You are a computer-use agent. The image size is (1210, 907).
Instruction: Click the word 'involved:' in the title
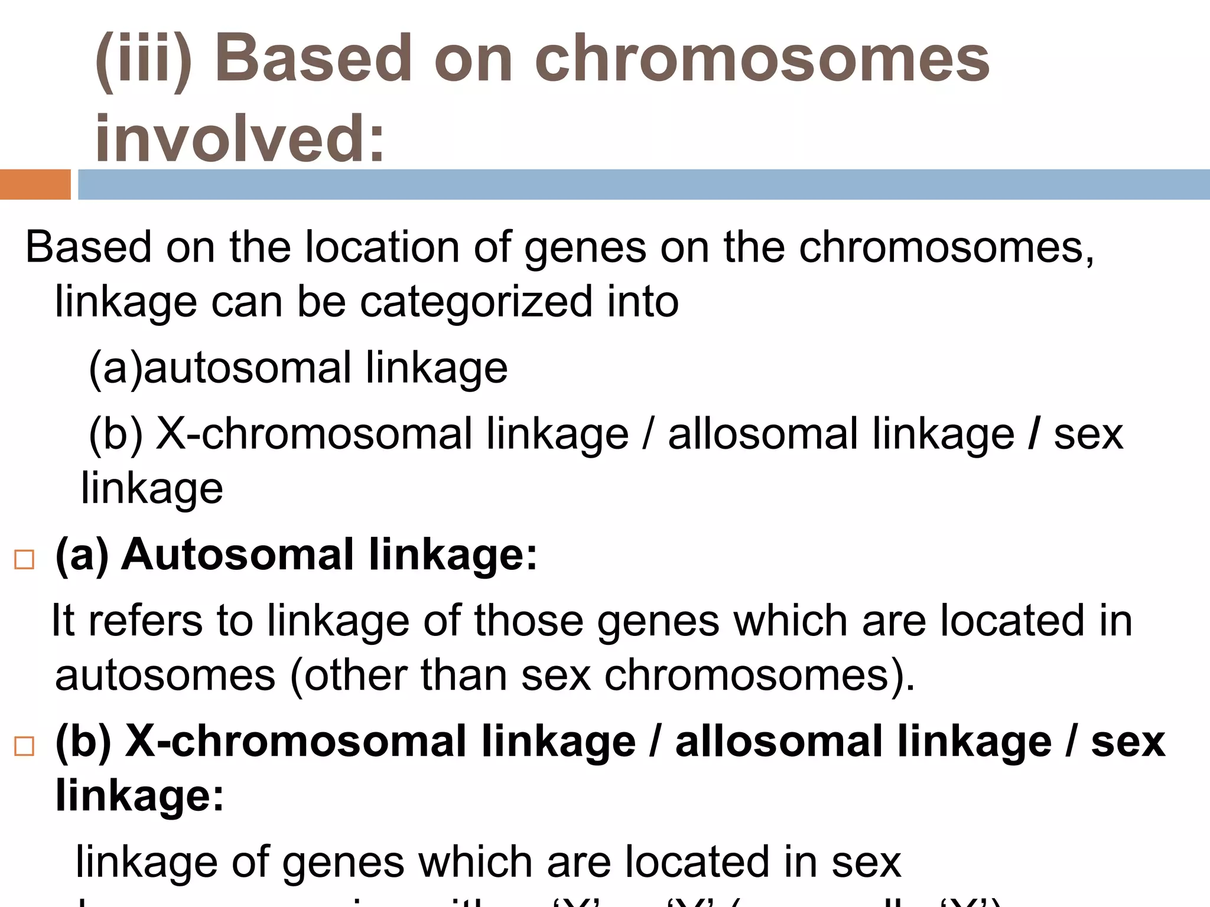click(x=239, y=138)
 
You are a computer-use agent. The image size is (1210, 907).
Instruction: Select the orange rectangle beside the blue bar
click(x=35, y=184)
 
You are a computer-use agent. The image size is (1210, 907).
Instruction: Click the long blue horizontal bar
click(x=643, y=184)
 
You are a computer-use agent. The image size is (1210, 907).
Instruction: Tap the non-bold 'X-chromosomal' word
click(x=313, y=434)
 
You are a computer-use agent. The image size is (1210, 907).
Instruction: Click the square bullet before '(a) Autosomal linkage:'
click(x=24, y=559)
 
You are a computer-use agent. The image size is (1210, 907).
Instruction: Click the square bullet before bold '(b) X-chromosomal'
click(x=24, y=746)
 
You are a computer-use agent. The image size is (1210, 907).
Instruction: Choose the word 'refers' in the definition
click(x=145, y=621)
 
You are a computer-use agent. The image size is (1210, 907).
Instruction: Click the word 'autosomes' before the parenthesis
click(x=165, y=675)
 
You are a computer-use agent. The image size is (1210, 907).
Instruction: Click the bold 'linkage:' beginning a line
click(x=139, y=795)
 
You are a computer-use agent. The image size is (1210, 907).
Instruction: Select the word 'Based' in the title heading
click(x=313, y=59)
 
